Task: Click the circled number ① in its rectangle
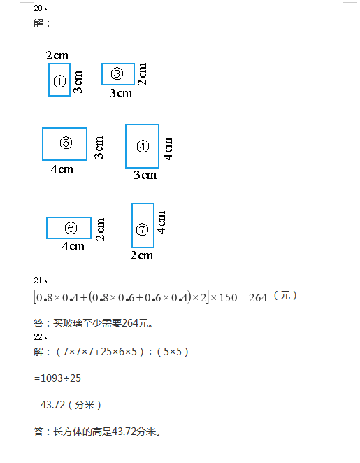[59, 81]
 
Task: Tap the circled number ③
[117, 73]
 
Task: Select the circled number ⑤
[66, 143]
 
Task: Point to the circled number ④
[143, 146]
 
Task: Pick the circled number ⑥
[71, 228]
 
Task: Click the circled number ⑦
[142, 229]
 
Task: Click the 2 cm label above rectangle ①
[57, 55]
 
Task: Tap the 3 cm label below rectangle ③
[121, 93]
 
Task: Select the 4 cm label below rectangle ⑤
[62, 169]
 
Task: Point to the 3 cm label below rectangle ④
[145, 175]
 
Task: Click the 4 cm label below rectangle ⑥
[73, 246]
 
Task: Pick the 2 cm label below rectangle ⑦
[142, 256]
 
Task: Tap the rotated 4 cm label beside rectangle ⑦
[161, 222]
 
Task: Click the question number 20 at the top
[38, 8]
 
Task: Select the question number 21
[38, 280]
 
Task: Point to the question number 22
[38, 337]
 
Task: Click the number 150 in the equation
[228, 298]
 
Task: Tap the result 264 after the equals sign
[258, 298]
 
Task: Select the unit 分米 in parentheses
[85, 405]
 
